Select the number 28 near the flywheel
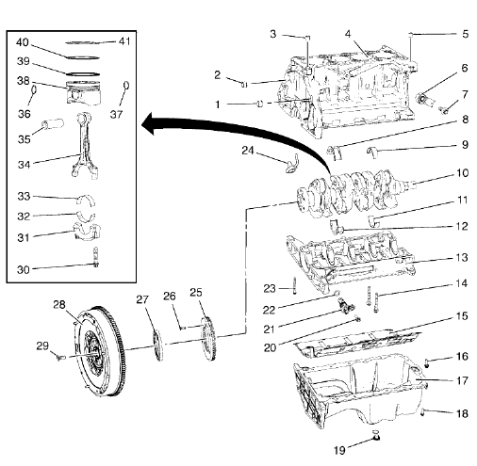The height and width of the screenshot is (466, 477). [x=59, y=305]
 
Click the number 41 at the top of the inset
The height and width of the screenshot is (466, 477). [x=125, y=41]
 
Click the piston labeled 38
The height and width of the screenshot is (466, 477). [x=81, y=94]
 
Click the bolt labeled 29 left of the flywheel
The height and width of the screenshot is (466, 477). [x=58, y=357]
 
